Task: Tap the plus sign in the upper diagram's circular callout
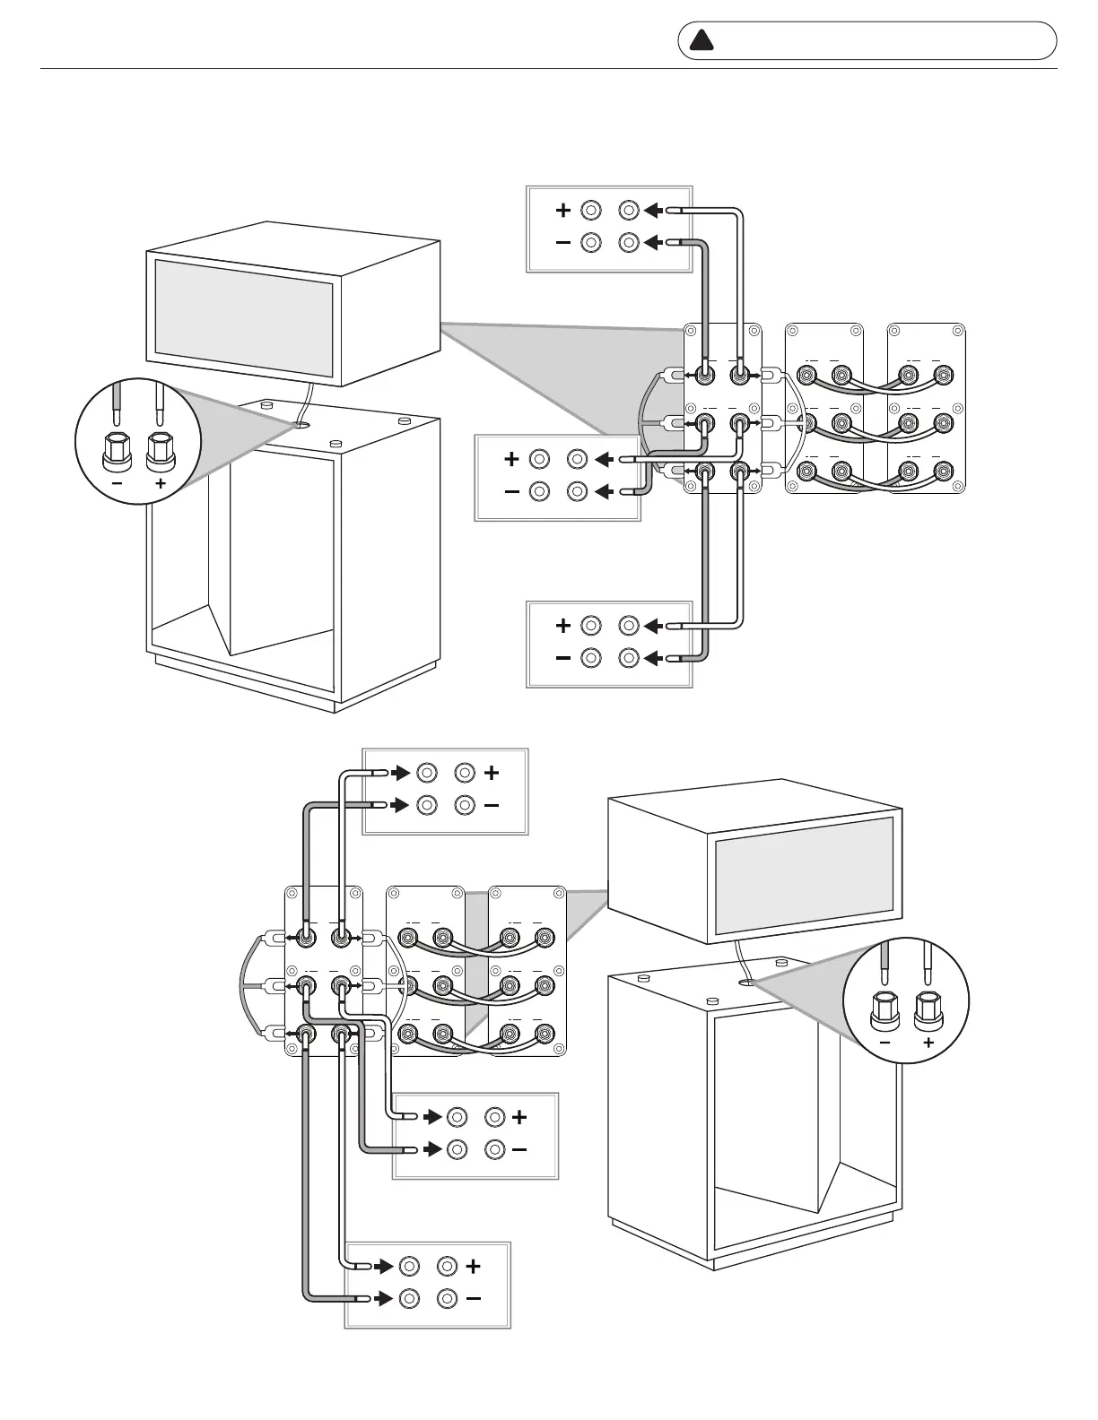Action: coord(161,482)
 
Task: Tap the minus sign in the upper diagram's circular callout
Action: coord(117,482)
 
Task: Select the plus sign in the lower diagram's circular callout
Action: coord(928,1043)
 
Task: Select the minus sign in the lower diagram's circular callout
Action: coord(885,1043)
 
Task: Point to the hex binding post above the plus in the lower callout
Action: coord(928,1010)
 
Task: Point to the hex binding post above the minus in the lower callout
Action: coord(884,1010)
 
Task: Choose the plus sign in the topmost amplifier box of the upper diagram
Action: coord(562,211)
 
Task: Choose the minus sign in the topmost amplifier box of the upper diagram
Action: coord(562,242)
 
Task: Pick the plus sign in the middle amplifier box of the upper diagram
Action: coord(511,459)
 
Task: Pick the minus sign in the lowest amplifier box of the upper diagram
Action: coord(562,658)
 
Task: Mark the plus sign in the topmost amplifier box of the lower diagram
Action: coord(491,772)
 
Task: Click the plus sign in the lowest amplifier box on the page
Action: coord(473,1266)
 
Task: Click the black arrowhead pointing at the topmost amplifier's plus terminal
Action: coord(653,211)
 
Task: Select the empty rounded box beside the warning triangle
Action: coord(884,40)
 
